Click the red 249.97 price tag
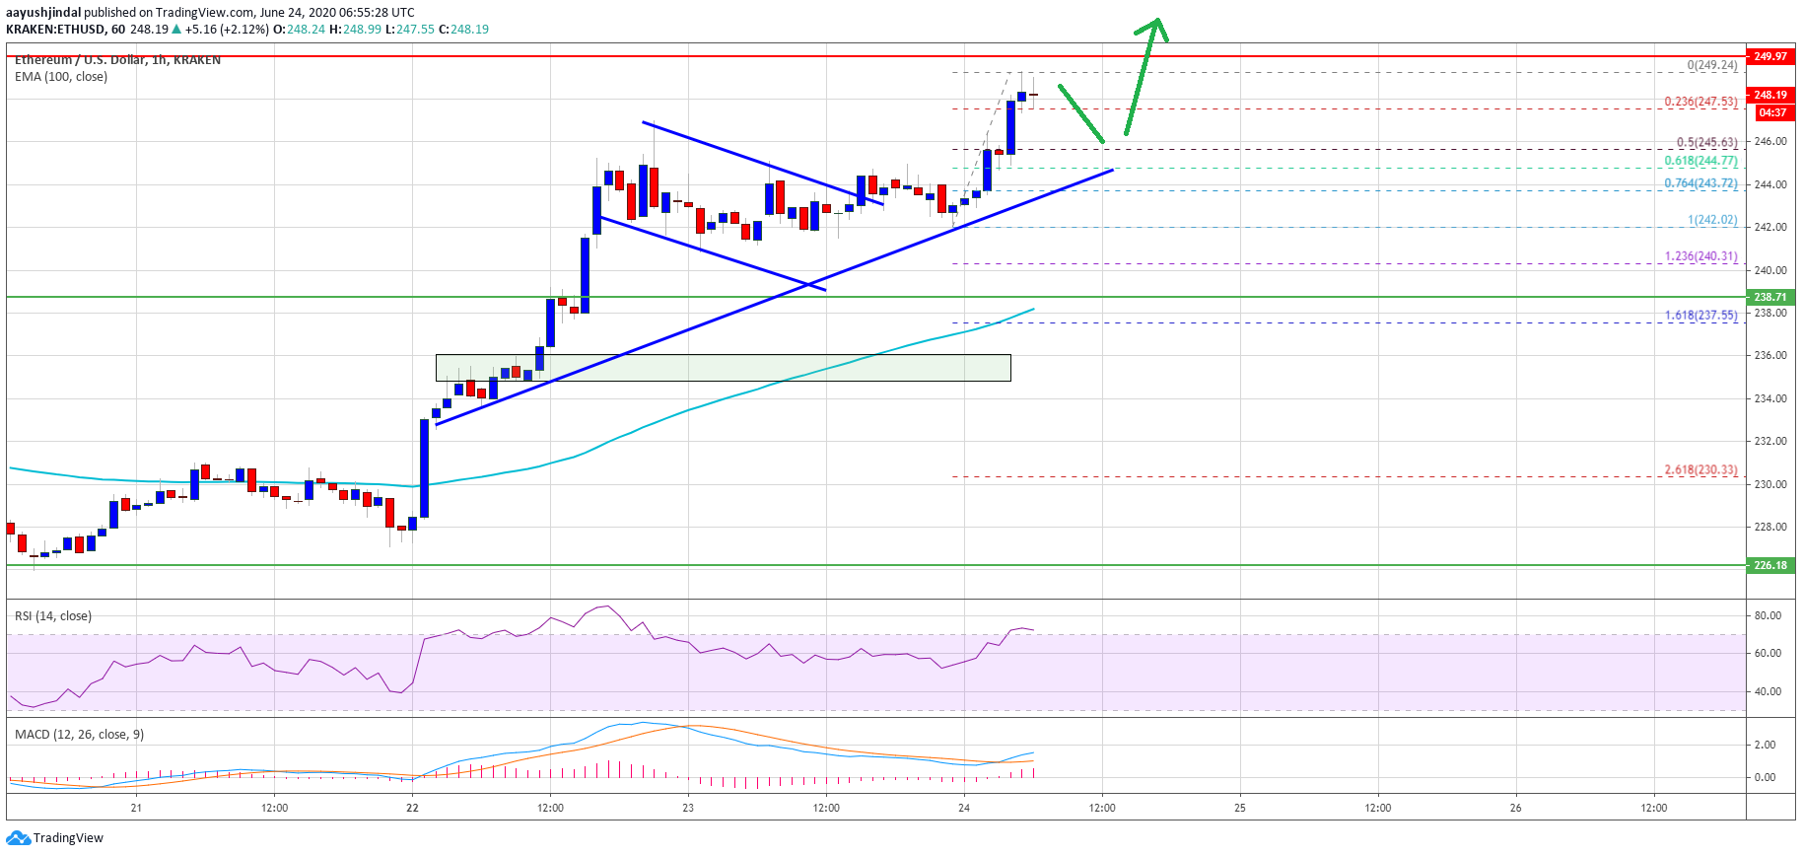pos(1769,56)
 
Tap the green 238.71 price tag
pos(1769,297)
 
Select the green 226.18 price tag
pos(1769,565)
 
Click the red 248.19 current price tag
pos(1769,95)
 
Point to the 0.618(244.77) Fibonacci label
pos(1700,161)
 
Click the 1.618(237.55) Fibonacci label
pos(1700,316)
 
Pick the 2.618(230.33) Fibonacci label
pos(1700,470)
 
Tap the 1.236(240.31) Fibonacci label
pos(1700,256)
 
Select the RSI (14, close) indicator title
pos(53,616)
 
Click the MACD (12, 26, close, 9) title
pos(79,735)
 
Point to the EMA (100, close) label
pos(61,77)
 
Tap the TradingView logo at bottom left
pos(55,838)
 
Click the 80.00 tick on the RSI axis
pos(1767,615)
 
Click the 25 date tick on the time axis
pos(1240,808)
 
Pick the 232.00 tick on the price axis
pos(1770,441)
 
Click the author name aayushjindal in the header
pos(43,13)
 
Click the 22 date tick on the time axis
pos(412,808)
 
